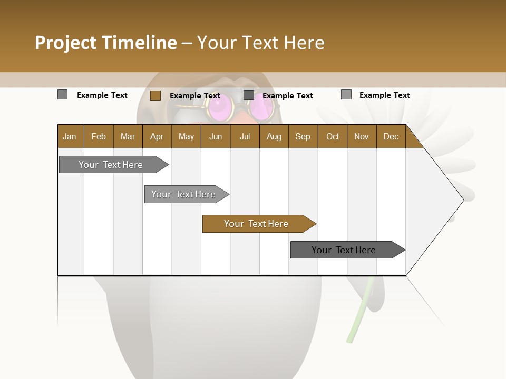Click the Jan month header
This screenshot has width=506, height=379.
(x=70, y=136)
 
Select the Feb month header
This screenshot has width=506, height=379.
(x=99, y=136)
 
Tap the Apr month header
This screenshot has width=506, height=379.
(x=157, y=136)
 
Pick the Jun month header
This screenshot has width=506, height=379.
(x=216, y=136)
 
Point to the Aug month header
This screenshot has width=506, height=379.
(x=274, y=136)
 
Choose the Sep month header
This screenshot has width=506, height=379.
(x=303, y=136)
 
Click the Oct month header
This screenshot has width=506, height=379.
(x=333, y=136)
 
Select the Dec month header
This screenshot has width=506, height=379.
(x=391, y=136)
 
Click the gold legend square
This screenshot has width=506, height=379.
(x=155, y=95)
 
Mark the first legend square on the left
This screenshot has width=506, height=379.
(x=62, y=95)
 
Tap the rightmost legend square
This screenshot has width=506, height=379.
(x=346, y=95)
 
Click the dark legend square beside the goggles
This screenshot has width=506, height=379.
(x=249, y=95)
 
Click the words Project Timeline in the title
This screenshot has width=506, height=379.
(x=105, y=43)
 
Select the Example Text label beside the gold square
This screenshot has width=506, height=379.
(x=194, y=95)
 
